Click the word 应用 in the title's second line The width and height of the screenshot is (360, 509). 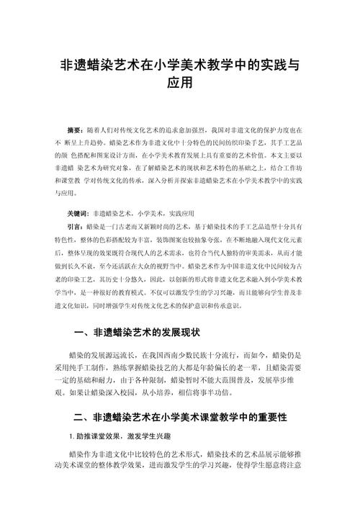coord(180,83)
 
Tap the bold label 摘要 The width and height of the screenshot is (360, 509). coord(74,130)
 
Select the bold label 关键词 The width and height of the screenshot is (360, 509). coord(77,214)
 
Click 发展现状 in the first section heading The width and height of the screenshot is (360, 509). coord(179,333)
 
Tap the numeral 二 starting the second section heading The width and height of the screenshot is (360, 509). coord(80,416)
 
